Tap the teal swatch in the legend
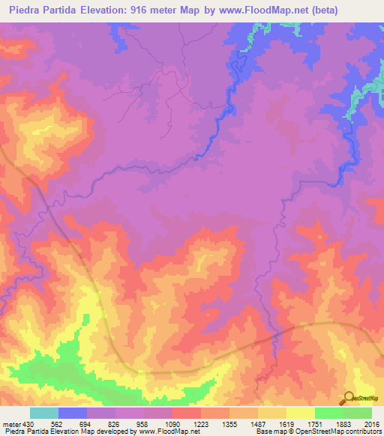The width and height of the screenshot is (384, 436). (x=43, y=414)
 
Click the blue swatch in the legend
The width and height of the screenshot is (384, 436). (x=72, y=414)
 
